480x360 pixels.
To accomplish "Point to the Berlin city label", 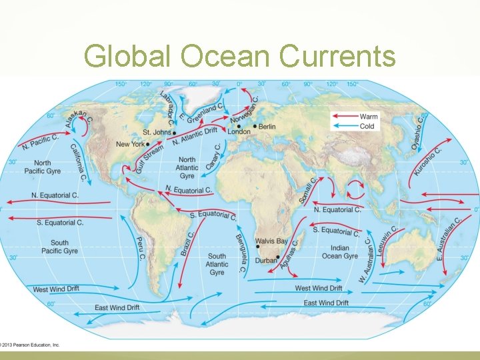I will pos(266,127).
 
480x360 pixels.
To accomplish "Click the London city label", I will pos(239,132).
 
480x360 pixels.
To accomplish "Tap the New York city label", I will pos(130,144).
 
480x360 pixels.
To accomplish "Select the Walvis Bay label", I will pos(272,241).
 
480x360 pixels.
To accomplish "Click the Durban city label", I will pos(265,261).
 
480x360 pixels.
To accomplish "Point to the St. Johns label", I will pos(157,132).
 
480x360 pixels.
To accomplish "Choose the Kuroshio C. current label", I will pos(429,161).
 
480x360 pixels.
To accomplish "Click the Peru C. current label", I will pos(141,249).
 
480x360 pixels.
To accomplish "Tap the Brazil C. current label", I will pos(188,243).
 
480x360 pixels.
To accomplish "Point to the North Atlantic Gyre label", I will pos(187,167).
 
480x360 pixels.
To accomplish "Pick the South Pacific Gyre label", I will pos(59,247).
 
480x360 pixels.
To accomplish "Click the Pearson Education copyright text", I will pos(30,345).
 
